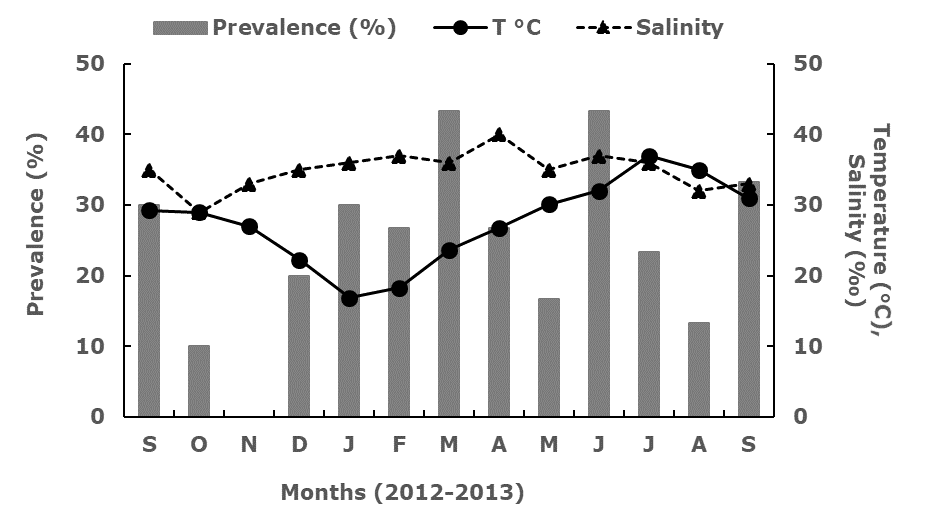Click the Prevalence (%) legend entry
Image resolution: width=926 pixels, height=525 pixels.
pyautogui.click(x=275, y=27)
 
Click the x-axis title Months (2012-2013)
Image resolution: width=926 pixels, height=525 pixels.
pyautogui.click(x=403, y=492)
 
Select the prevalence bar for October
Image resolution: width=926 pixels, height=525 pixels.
pyautogui.click(x=199, y=381)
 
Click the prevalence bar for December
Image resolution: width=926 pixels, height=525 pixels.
pyautogui.click(x=299, y=346)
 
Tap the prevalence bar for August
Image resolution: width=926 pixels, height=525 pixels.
pyautogui.click(x=699, y=369)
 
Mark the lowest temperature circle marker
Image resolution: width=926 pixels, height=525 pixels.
pyautogui.click(x=349, y=298)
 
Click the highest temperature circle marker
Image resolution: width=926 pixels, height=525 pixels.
pyautogui.click(x=649, y=157)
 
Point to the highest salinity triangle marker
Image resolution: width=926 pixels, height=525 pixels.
pyautogui.click(x=499, y=135)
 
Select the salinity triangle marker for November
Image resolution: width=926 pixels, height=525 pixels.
pyautogui.click(x=249, y=184)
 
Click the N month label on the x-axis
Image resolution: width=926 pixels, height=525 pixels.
pyautogui.click(x=249, y=445)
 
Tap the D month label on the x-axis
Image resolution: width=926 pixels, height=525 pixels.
pyautogui.click(x=299, y=445)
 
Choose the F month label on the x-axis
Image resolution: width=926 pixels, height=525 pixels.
pyautogui.click(x=399, y=445)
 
